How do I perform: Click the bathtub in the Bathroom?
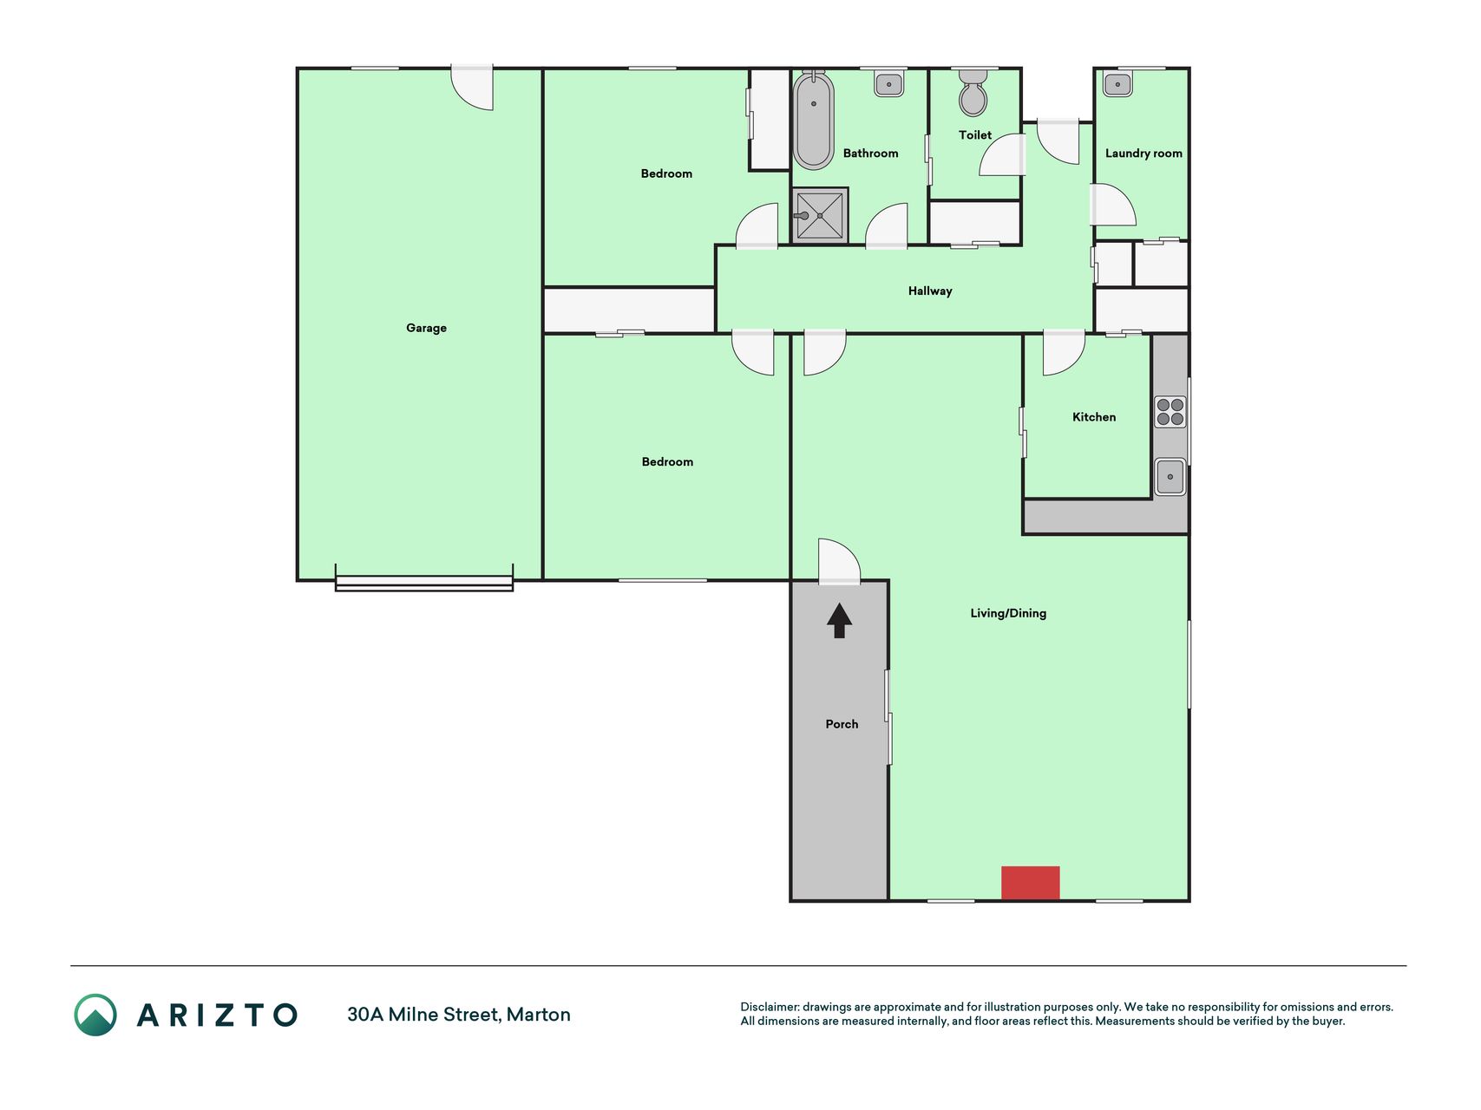[814, 120]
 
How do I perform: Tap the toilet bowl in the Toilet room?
[973, 93]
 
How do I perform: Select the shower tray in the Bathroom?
[820, 216]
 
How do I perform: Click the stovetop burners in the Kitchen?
[1170, 412]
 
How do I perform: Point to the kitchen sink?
[1170, 476]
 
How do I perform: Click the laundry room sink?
[1117, 84]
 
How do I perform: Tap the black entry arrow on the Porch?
[839, 621]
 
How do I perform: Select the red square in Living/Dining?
[1031, 883]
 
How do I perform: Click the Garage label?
[426, 328]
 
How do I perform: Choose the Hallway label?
[930, 291]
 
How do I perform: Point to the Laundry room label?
[1144, 153]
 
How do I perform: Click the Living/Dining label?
[1008, 613]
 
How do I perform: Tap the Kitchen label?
[1094, 417]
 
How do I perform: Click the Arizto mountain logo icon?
[95, 1015]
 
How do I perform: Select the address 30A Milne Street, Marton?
[459, 1015]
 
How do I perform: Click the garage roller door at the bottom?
[424, 584]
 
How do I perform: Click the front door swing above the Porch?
[839, 560]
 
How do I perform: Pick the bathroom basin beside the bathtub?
[888, 83]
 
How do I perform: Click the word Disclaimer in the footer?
[770, 1007]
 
